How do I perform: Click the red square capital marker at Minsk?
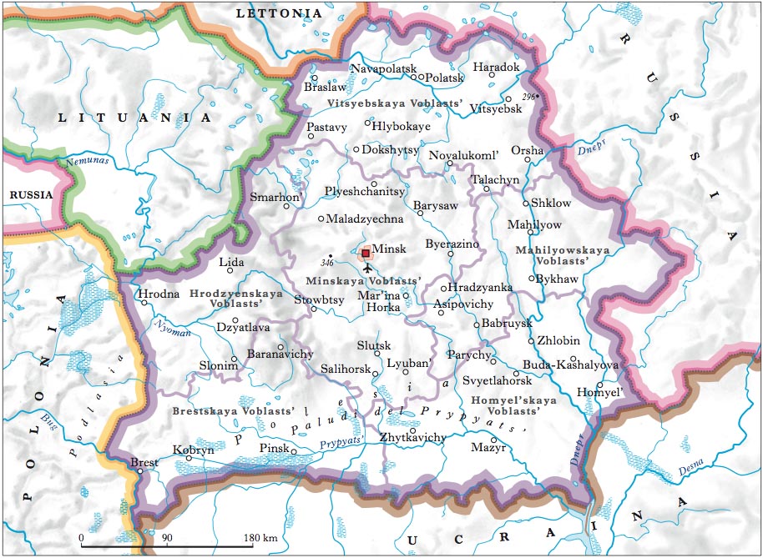coord(365,253)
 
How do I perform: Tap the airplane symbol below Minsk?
coord(366,268)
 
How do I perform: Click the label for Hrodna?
coord(158,294)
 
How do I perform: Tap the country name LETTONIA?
coord(278,13)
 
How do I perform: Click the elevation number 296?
coord(527,98)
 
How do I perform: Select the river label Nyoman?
coord(171,331)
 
